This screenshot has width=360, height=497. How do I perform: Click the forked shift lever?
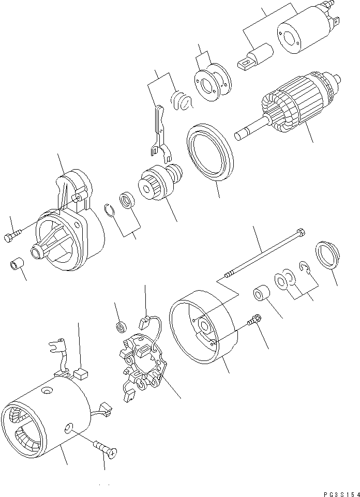pyautogui.click(x=158, y=132)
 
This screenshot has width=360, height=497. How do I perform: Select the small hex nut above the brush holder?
pyautogui.click(x=122, y=326)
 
